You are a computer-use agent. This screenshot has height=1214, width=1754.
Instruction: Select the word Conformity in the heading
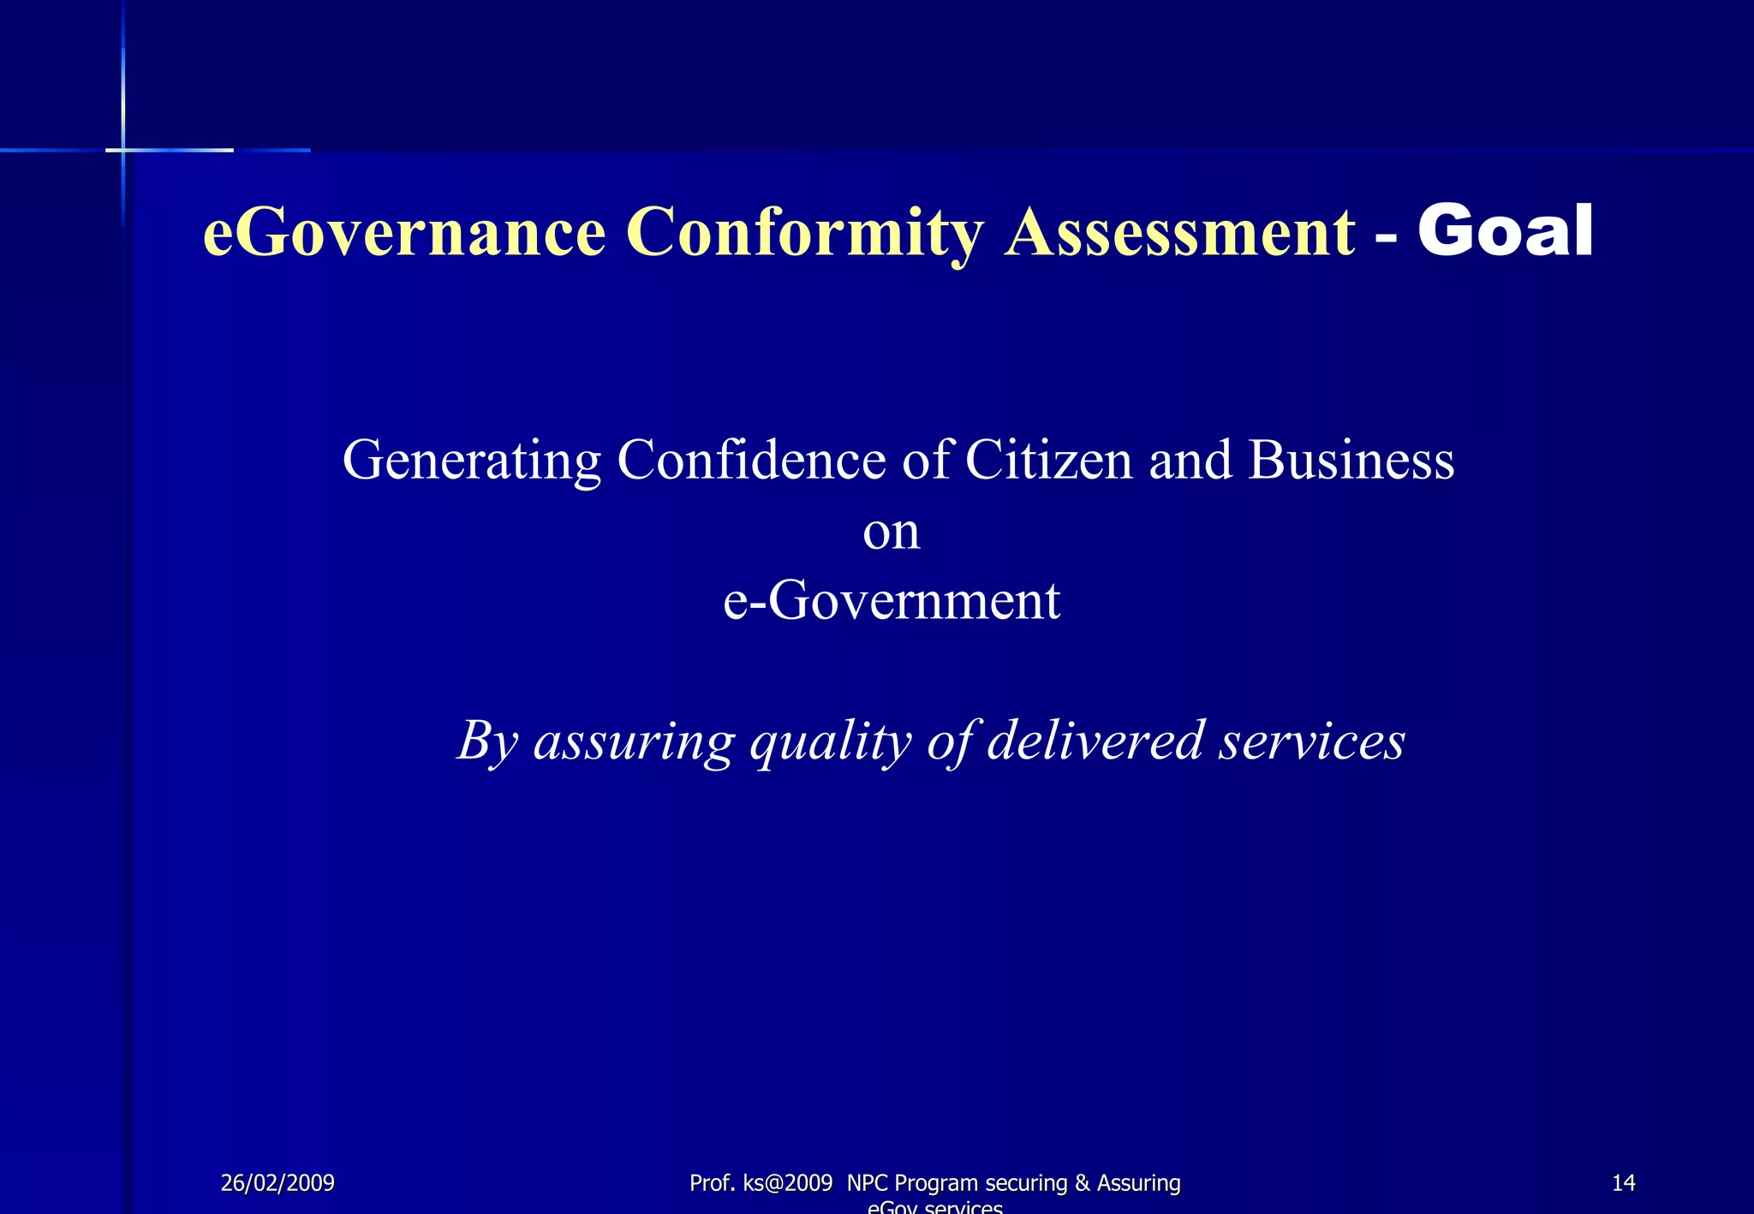804,233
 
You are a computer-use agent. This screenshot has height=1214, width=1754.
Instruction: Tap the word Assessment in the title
1180,233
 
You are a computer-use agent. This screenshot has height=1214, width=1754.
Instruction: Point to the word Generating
472,461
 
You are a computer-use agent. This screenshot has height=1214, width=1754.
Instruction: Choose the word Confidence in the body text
751,460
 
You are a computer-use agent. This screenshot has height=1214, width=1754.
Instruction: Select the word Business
1351,460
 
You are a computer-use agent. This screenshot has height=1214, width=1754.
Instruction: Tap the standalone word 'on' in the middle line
891,533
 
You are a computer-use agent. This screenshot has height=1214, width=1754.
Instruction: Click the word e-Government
892,600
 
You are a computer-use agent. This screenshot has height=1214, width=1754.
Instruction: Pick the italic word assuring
634,741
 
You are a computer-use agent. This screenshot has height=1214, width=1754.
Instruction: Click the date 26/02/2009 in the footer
277,1183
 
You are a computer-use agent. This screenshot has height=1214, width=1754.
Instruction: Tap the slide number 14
1623,1183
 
